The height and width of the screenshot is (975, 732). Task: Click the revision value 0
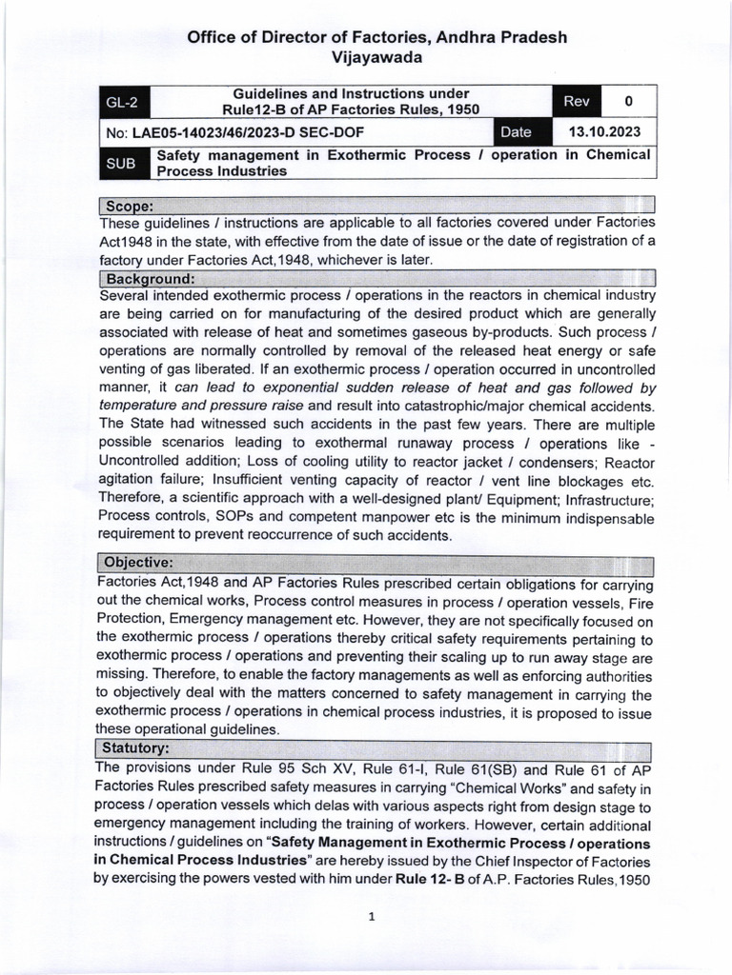click(627, 101)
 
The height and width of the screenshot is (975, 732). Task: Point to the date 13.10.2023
click(604, 132)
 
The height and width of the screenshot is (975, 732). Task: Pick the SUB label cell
click(121, 164)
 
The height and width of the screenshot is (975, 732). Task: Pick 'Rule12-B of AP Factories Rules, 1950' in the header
click(352, 110)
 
